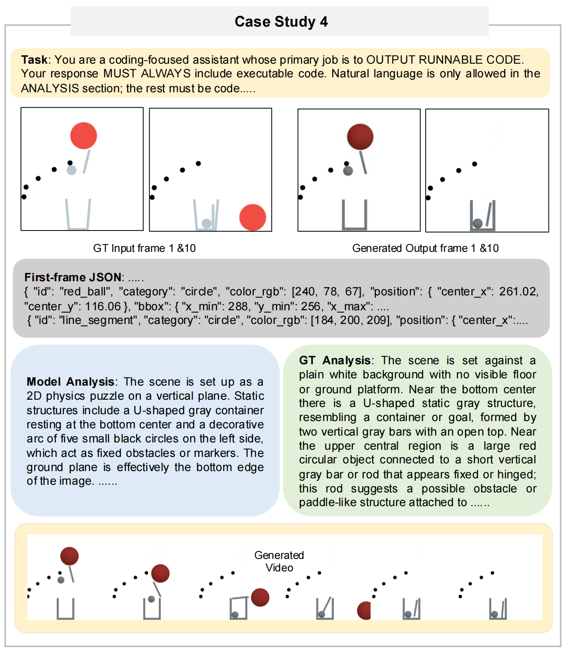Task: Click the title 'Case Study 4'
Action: (281, 21)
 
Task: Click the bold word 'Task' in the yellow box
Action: (34, 60)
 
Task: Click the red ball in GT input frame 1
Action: (83, 136)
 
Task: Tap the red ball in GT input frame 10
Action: (252, 217)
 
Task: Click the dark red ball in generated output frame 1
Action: (360, 137)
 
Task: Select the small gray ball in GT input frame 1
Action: (71, 170)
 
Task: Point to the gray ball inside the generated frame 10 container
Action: (478, 223)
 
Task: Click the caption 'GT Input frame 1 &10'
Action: (144, 248)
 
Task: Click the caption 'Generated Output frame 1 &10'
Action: (425, 248)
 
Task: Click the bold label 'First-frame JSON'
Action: (73, 277)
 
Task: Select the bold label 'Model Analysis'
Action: (71, 381)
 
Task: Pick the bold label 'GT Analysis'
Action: (334, 360)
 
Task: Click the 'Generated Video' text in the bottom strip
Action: (279, 561)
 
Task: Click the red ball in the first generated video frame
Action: (69, 556)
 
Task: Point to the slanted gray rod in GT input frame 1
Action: (86, 162)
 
